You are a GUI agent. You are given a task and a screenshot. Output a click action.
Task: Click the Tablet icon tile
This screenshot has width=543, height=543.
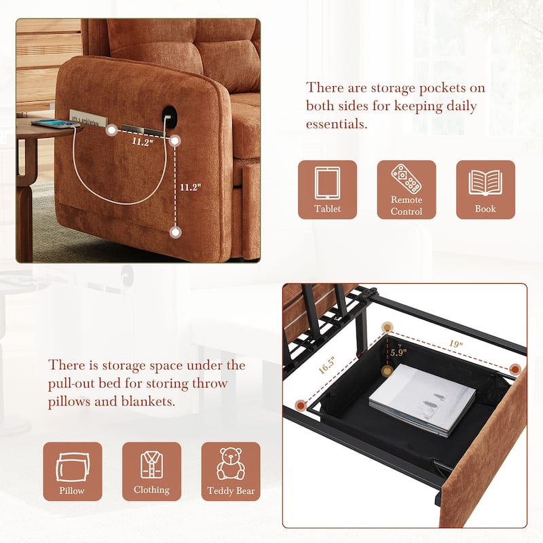tap(327, 189)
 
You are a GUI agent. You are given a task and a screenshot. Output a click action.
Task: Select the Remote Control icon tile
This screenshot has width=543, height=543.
tap(407, 189)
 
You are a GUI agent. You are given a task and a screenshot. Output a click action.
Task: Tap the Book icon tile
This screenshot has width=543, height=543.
tap(485, 189)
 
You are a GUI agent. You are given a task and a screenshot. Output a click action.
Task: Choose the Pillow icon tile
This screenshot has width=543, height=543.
tap(73, 471)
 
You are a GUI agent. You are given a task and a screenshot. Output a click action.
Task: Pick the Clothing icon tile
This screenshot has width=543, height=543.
tap(151, 471)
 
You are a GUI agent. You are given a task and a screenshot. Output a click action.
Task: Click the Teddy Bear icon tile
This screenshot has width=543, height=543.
tap(231, 471)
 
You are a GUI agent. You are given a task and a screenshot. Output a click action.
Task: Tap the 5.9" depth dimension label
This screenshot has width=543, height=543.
tap(397, 353)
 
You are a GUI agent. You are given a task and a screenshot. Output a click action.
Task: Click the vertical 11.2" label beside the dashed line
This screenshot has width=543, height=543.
tap(190, 187)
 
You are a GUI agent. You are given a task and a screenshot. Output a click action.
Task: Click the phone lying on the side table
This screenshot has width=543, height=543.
tap(52, 124)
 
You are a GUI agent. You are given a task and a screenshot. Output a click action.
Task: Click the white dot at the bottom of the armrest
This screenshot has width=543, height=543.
tap(176, 232)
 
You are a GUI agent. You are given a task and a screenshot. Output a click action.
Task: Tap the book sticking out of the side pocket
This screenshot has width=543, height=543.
tap(88, 117)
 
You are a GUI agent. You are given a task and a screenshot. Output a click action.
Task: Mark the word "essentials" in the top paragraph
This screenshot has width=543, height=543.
tap(337, 124)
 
